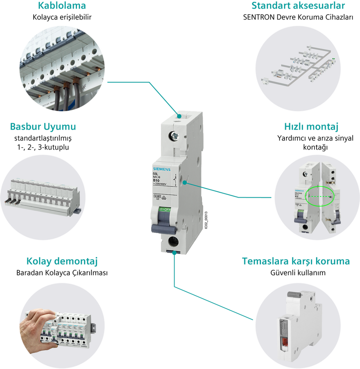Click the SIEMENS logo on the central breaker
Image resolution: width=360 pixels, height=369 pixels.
coord(165,169)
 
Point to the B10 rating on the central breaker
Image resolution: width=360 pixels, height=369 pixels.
coord(156,180)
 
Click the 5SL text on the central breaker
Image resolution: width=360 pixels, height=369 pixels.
coord(156,174)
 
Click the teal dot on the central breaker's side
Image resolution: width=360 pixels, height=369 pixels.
coord(185,183)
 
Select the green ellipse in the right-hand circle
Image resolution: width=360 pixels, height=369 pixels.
coord(320,196)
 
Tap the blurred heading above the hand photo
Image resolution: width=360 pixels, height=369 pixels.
coord(62,262)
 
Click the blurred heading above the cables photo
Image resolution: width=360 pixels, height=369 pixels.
coord(61,6)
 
